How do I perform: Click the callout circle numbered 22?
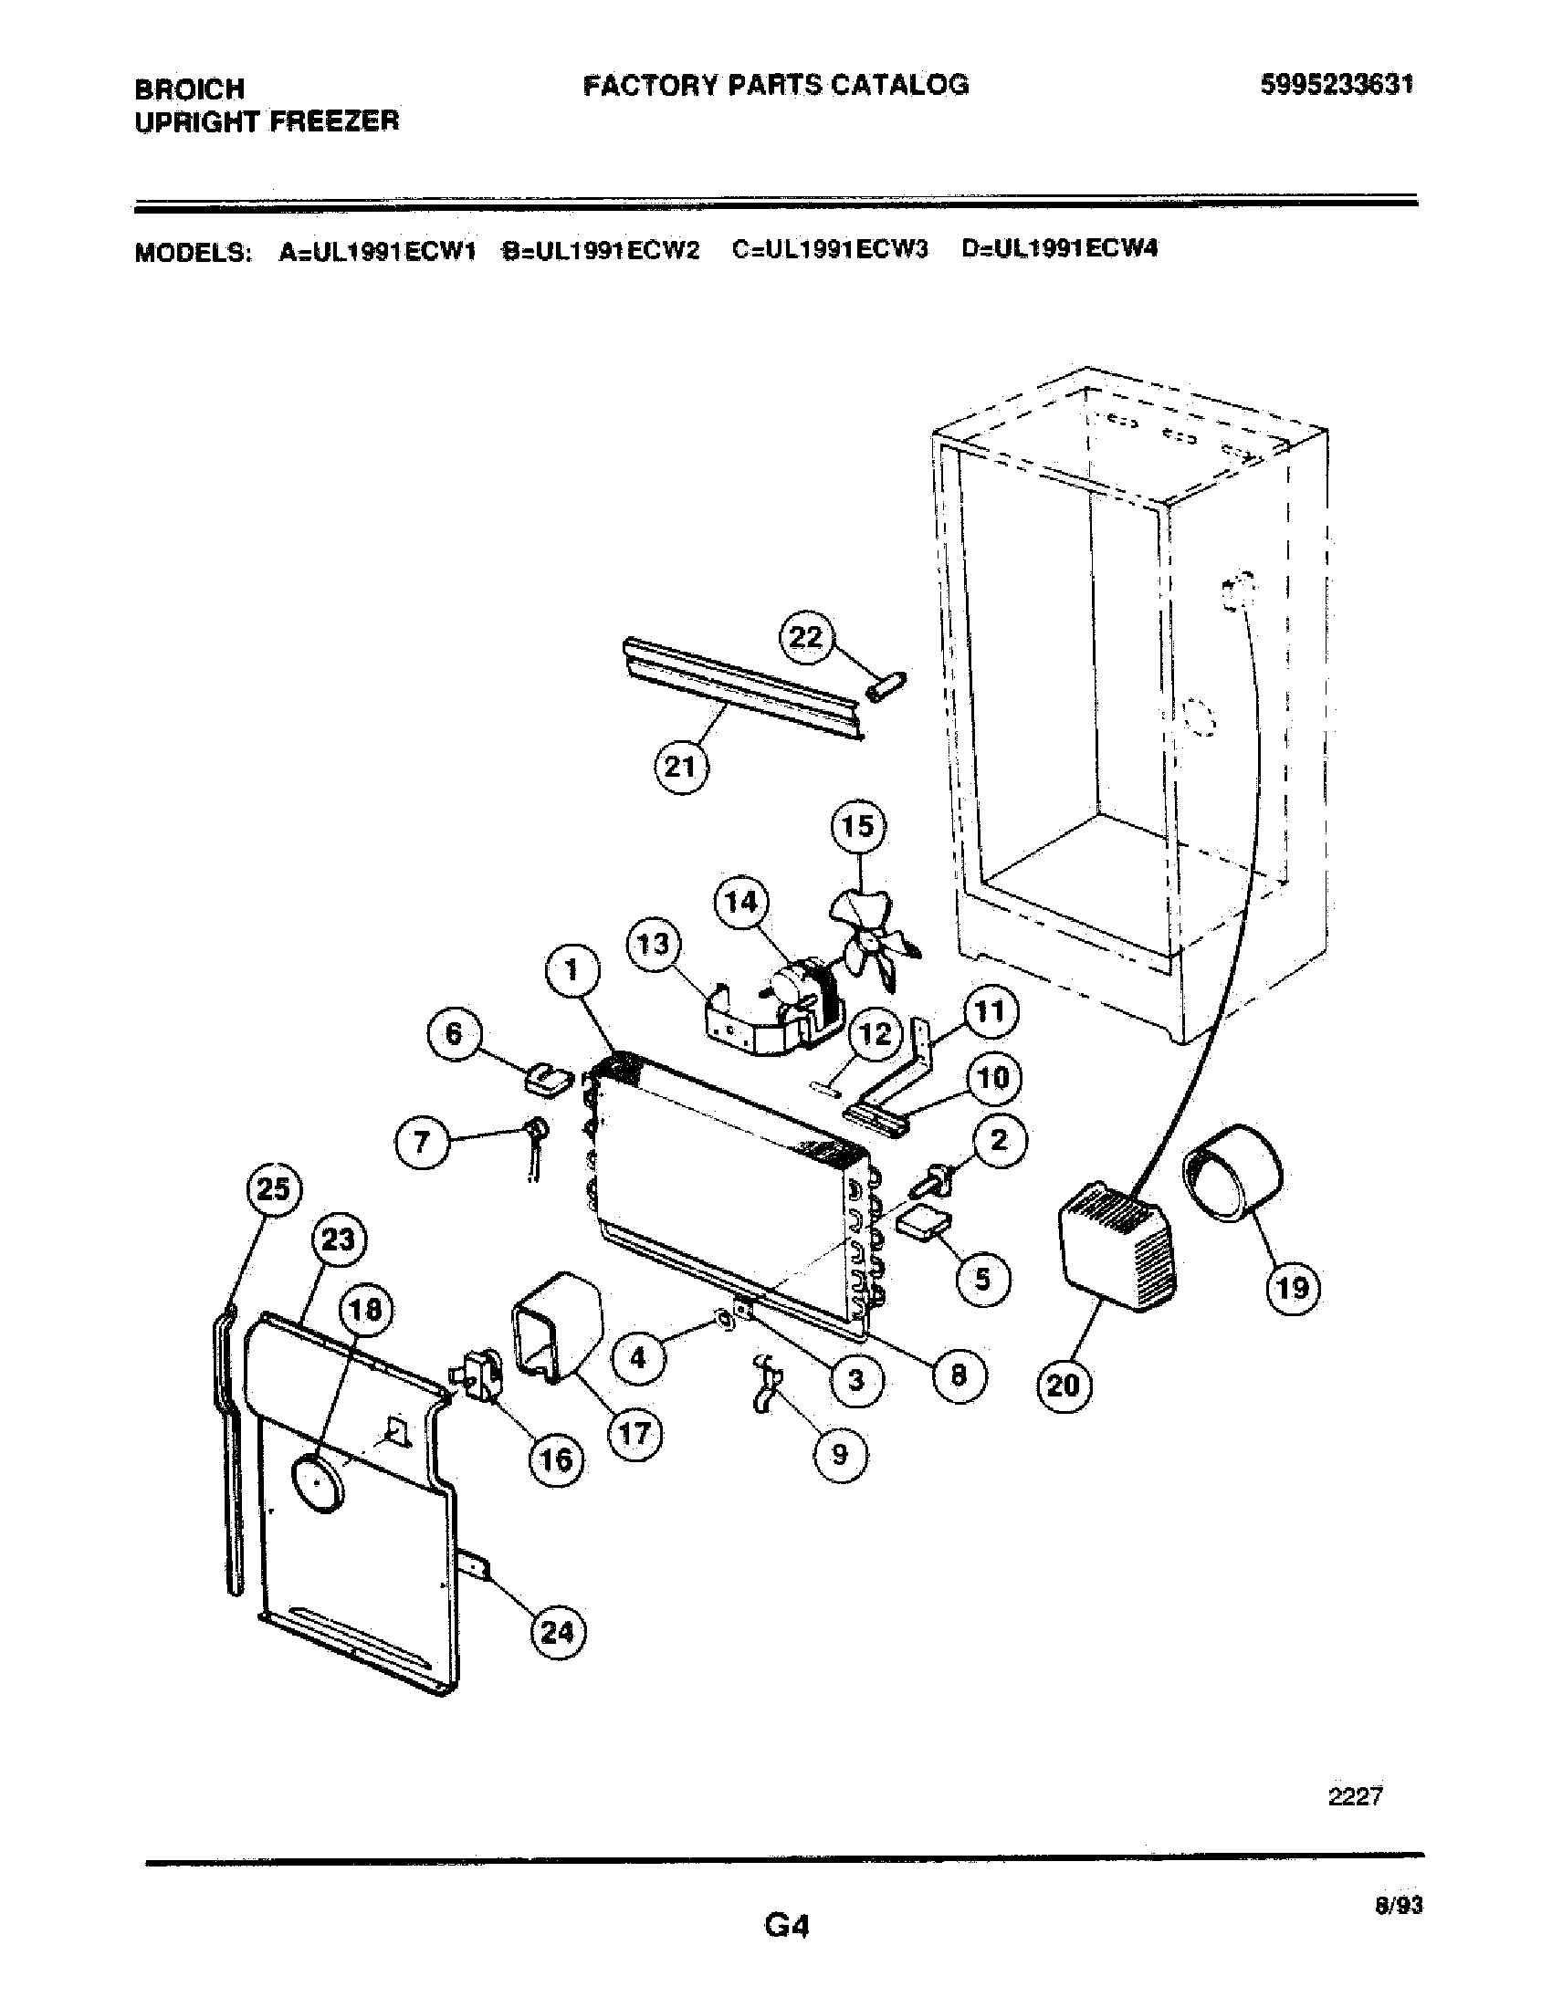click(x=806, y=637)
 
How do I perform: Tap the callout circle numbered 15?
click(x=857, y=827)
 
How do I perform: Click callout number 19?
click(x=1293, y=1287)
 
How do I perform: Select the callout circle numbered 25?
click(x=272, y=1189)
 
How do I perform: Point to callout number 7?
click(x=422, y=1143)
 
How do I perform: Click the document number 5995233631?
click(x=1335, y=85)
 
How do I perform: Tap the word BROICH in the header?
click(x=189, y=89)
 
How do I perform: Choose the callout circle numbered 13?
click(x=654, y=945)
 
